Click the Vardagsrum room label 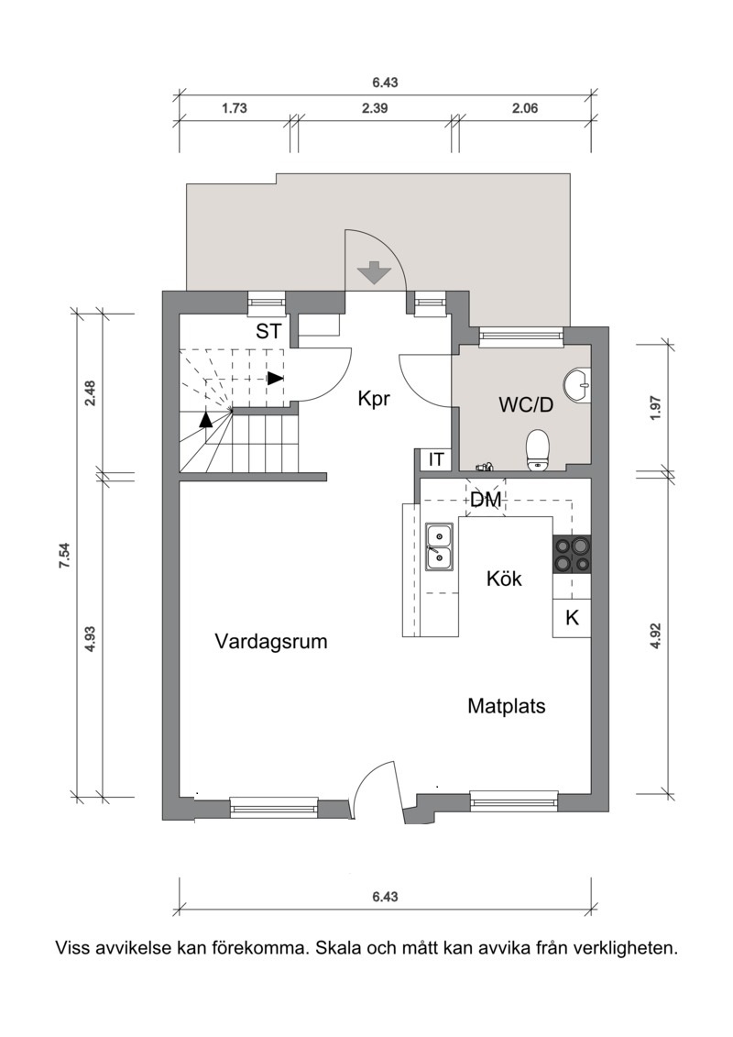coord(271,642)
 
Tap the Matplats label coord(507,706)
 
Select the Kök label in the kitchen coord(504,579)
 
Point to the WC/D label coord(525,404)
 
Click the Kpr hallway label coord(374,400)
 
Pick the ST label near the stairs coord(268,331)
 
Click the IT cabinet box coord(436,459)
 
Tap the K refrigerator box coord(572,618)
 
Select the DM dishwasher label coord(485,500)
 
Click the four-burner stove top coord(572,554)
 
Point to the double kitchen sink coord(439,547)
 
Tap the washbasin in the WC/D coord(577,383)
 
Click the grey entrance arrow coord(375,272)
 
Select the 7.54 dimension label coord(64,555)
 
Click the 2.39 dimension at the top coord(375,108)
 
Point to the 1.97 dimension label coord(655,409)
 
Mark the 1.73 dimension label coord(234,108)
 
